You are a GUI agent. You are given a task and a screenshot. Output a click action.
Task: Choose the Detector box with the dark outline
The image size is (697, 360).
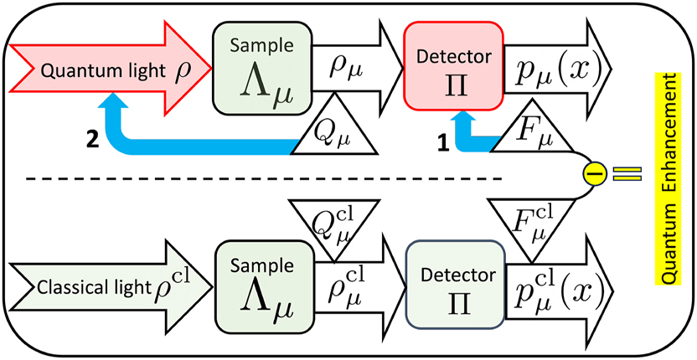tap(452, 285)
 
